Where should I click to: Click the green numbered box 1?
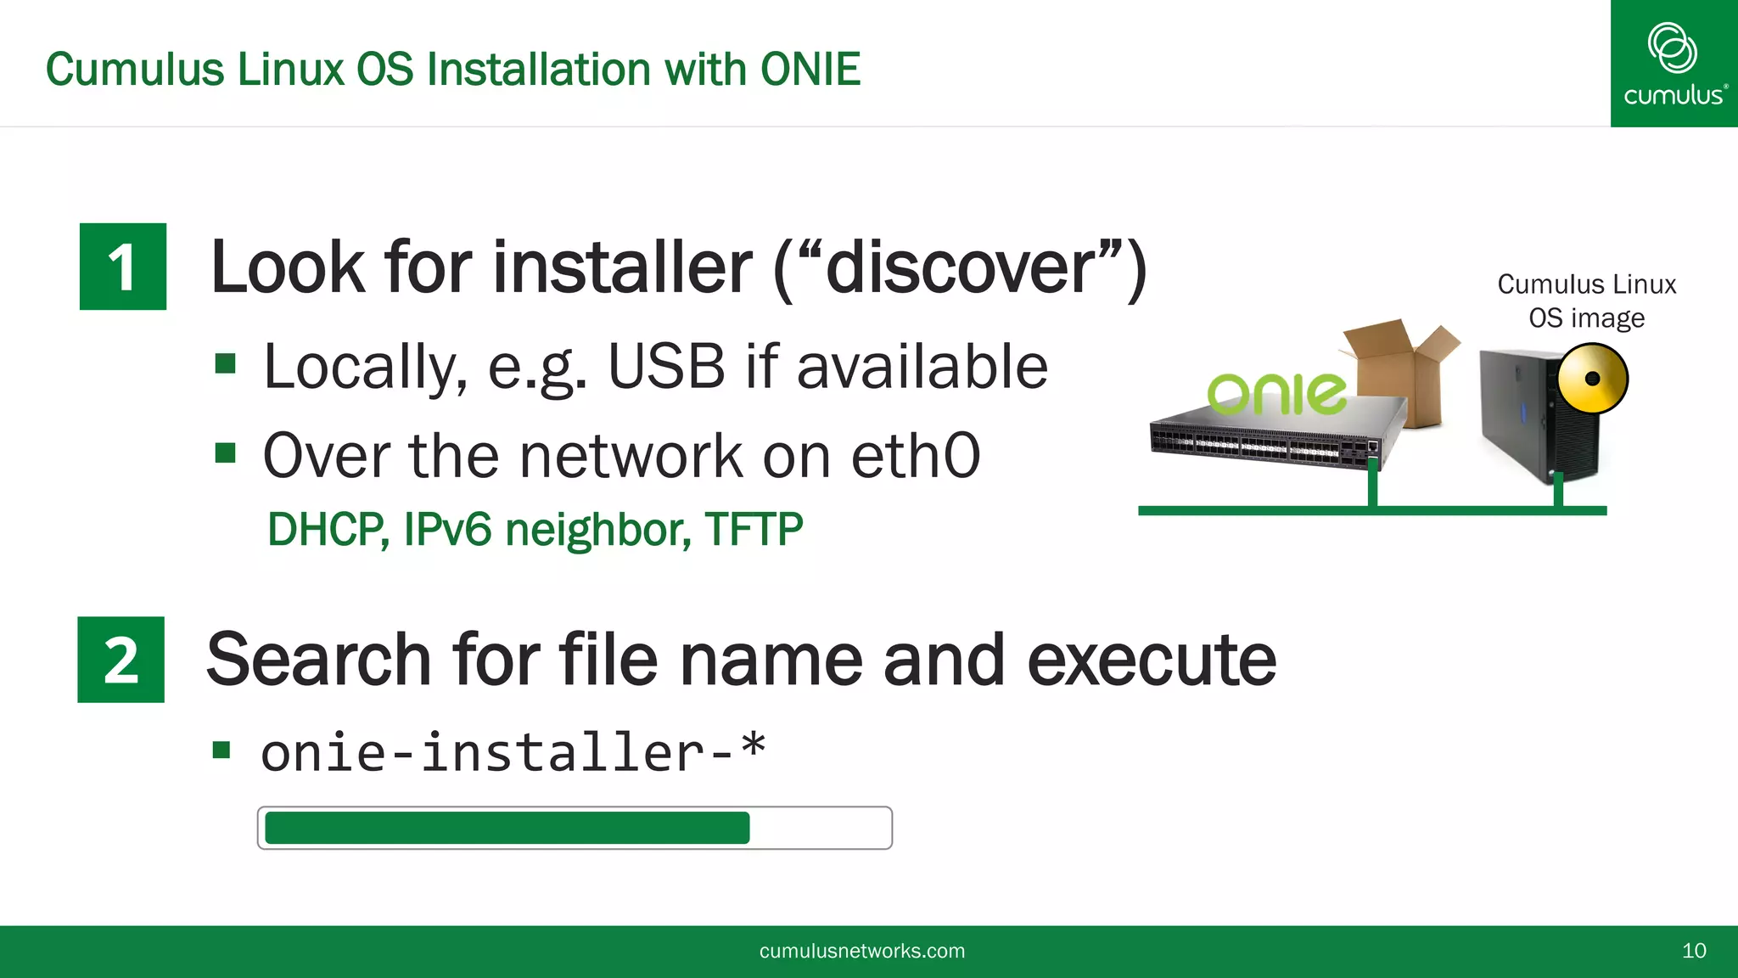(123, 267)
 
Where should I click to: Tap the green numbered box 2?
(121, 660)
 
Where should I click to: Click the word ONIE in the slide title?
(810, 70)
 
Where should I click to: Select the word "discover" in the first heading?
(960, 268)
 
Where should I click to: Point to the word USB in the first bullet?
(666, 367)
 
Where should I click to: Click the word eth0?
(916, 456)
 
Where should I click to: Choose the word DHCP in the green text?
(328, 530)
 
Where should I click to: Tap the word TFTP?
(754, 530)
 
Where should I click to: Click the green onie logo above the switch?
(1276, 394)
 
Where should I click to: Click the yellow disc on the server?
(1593, 379)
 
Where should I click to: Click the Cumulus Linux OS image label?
(1586, 301)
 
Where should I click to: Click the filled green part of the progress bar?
(507, 828)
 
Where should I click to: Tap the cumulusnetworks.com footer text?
(861, 951)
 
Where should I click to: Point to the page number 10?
(1694, 951)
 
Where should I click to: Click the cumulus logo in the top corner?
(1674, 64)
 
